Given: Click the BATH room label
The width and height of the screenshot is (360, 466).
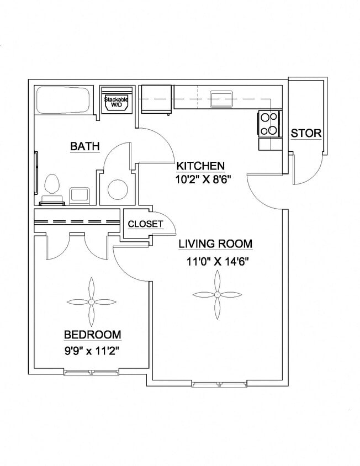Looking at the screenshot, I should (x=84, y=146).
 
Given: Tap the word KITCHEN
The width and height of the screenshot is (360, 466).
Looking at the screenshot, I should (x=200, y=166).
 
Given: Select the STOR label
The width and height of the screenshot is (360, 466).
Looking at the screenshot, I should (x=306, y=133).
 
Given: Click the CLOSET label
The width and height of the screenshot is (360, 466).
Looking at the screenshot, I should (x=145, y=224).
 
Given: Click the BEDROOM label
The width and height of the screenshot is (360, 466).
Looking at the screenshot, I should (x=92, y=335).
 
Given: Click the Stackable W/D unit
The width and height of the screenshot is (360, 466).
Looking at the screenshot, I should (x=117, y=100).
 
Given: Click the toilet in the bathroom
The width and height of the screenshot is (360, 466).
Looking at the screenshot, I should (x=52, y=185).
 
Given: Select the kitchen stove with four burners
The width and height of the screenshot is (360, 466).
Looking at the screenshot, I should (x=269, y=124).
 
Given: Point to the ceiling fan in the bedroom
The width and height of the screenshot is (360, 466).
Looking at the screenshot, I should (x=91, y=301).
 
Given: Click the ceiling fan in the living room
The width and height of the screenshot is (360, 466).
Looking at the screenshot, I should (x=217, y=295).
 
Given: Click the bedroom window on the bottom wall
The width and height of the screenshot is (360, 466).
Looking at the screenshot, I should (x=91, y=373).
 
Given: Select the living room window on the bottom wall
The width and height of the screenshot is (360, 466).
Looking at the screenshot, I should (x=219, y=383).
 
